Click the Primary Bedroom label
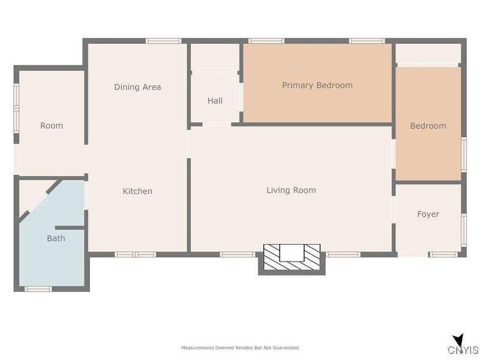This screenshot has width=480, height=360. (x=317, y=85)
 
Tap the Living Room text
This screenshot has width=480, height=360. (x=291, y=190)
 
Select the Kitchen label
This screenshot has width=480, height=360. (x=137, y=191)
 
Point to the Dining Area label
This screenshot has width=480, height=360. (x=137, y=87)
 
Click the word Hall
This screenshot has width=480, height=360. (x=215, y=101)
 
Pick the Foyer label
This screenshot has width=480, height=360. (x=428, y=214)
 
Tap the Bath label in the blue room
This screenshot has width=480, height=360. (x=56, y=238)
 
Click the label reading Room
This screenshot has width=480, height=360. (x=52, y=125)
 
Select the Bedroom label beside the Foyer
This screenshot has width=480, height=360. (x=428, y=126)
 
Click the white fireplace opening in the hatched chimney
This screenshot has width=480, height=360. (x=292, y=253)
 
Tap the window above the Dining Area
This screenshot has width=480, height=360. (x=163, y=41)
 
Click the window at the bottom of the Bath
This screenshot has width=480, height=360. (x=38, y=289)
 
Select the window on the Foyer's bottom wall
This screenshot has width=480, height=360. (x=443, y=254)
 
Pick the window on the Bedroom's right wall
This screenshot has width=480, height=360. (x=464, y=155)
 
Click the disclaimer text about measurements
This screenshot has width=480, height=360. (x=240, y=348)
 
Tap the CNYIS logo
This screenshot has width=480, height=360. (x=463, y=350)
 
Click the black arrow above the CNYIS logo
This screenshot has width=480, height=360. (x=458, y=340)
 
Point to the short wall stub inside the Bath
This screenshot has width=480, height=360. (x=70, y=228)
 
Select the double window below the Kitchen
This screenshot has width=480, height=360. (x=136, y=254)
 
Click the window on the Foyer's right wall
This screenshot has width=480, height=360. (x=464, y=230)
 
